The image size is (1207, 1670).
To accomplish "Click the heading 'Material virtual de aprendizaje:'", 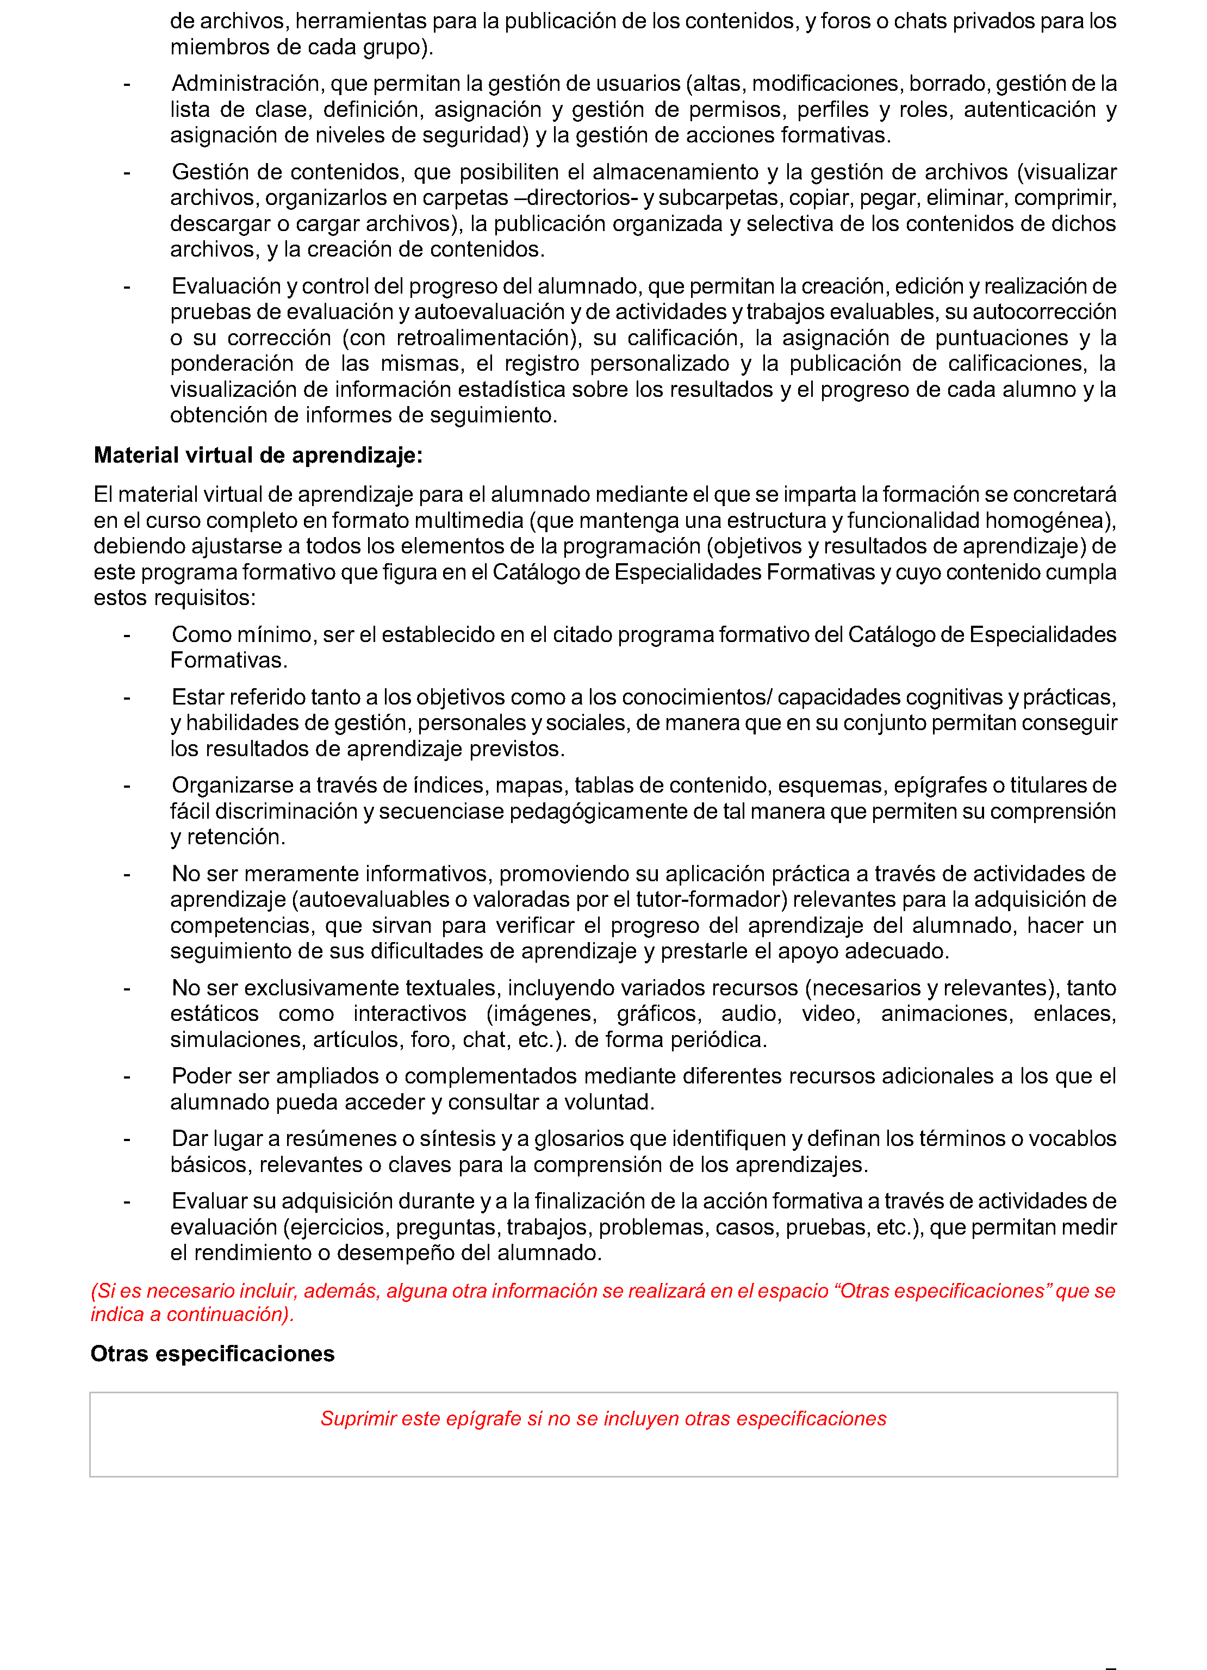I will (x=258, y=456).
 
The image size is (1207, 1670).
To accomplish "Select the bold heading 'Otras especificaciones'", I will (x=212, y=1354).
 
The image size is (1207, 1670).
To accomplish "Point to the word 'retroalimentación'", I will (x=484, y=338).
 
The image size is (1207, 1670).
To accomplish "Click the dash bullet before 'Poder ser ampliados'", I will (x=127, y=1076).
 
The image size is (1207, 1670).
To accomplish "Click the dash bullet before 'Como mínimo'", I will (x=127, y=635).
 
